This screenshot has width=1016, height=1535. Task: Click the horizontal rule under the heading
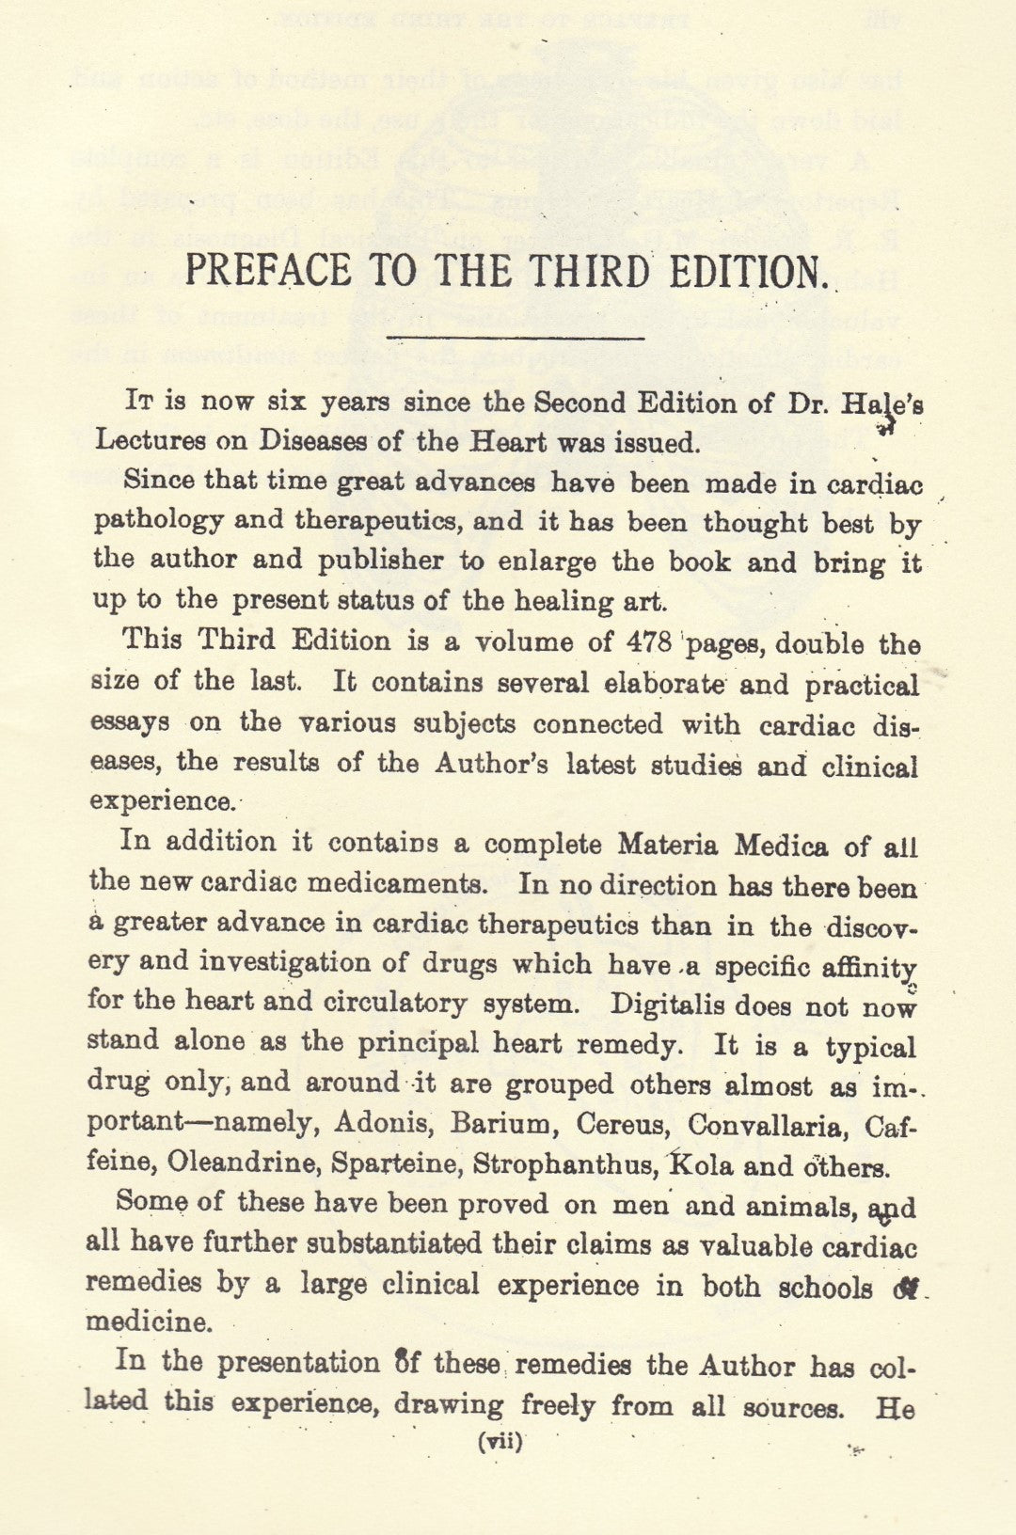(x=516, y=337)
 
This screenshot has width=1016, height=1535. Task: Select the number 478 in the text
(x=648, y=642)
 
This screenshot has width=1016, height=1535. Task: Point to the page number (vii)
(x=500, y=1441)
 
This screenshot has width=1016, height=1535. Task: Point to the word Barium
(x=500, y=1124)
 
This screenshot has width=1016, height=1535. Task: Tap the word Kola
(x=701, y=1165)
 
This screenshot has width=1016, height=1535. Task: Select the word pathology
(x=158, y=521)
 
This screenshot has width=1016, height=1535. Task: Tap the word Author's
(x=491, y=763)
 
